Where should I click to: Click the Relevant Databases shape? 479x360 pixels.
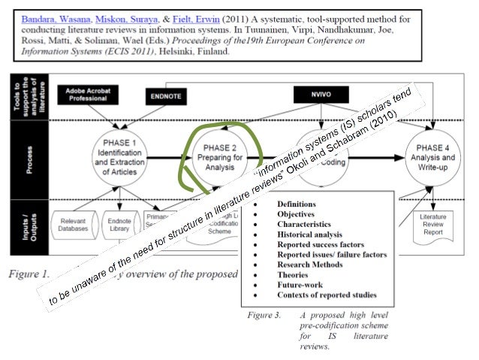pos(74,226)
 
